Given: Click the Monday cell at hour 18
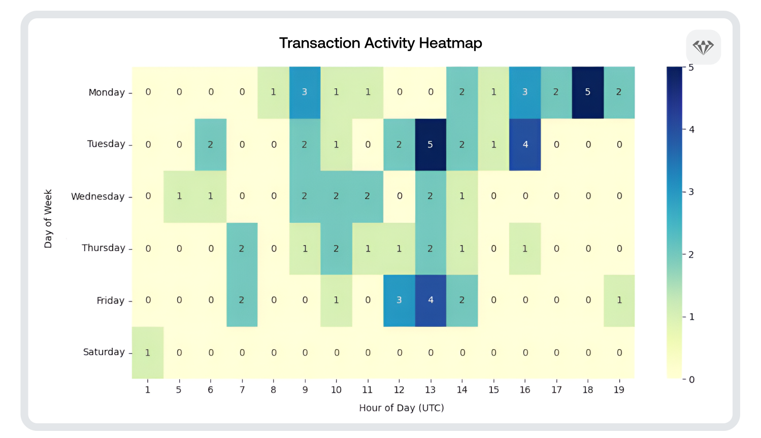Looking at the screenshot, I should [588, 92].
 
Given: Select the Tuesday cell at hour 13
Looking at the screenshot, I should [431, 145].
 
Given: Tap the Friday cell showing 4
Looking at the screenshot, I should [431, 300].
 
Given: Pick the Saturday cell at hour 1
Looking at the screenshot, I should [148, 353].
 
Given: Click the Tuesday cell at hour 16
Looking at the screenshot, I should [525, 145].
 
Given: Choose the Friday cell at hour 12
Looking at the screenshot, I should [399, 300].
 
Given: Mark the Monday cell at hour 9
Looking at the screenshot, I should [305, 92].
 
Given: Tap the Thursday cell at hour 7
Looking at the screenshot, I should [242, 249].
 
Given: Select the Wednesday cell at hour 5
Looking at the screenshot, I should [179, 196].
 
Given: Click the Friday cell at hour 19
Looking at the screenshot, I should [619, 300].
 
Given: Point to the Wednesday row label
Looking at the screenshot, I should [97, 196].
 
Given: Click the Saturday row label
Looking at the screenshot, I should [104, 352].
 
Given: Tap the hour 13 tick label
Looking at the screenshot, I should [430, 390].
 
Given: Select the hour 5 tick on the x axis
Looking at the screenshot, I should [179, 390].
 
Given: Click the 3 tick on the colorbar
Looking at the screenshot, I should [691, 192].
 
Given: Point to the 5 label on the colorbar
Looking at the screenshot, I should [691, 68].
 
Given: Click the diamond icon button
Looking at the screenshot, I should [703, 47].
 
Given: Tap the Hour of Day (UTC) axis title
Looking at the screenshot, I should [401, 408].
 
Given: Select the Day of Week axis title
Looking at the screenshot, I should [48, 219].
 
